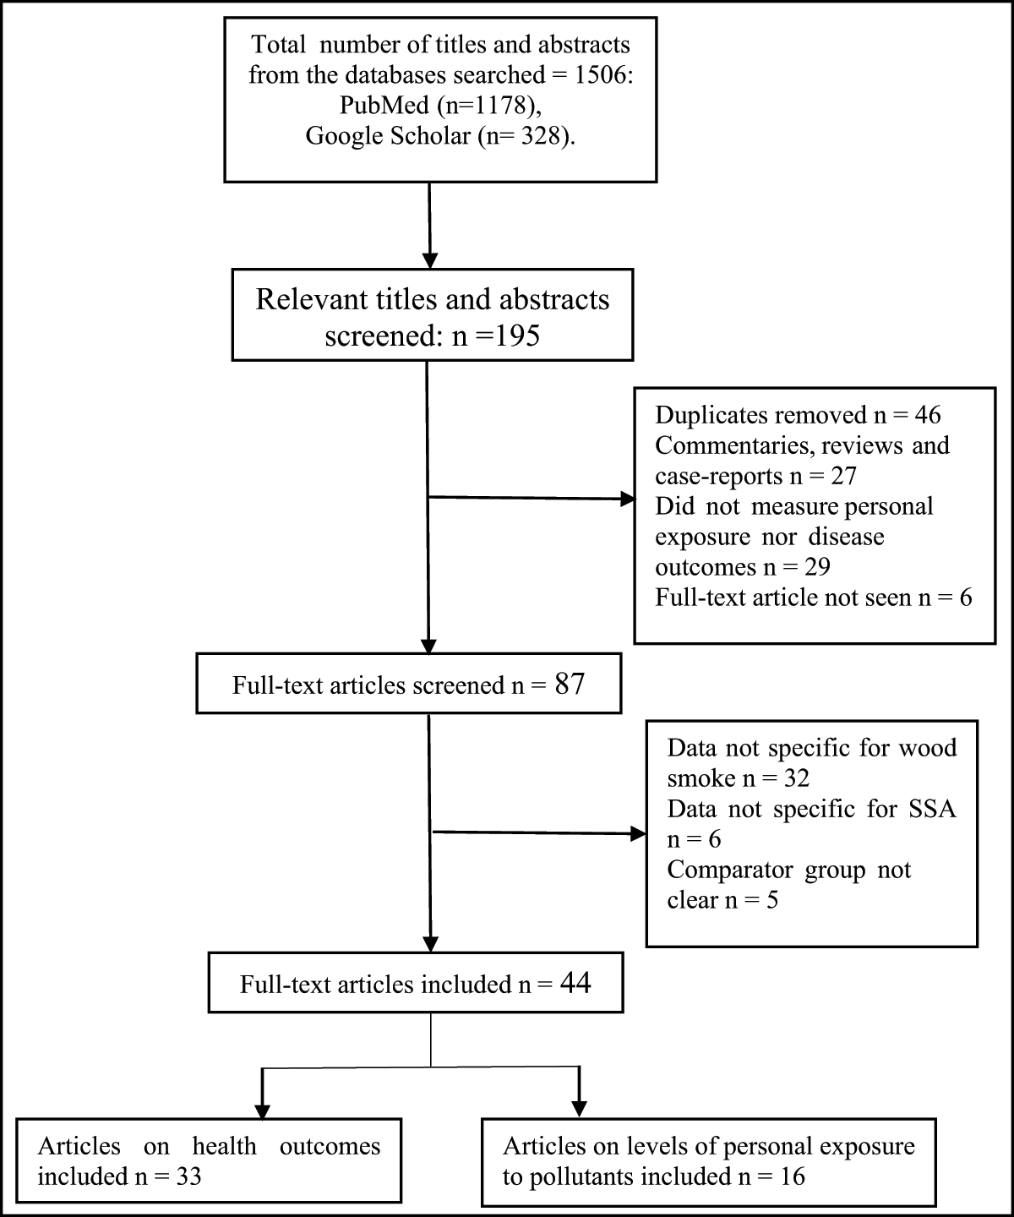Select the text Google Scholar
tap(387, 136)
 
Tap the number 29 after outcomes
tap(815, 567)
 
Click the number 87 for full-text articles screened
tap(569, 683)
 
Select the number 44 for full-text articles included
tap(575, 983)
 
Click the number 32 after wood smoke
tap(794, 778)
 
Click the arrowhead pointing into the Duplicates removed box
tap(628, 499)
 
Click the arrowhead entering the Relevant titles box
tap(431, 259)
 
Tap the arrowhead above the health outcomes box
tap(264, 1108)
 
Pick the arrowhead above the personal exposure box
tap(579, 1108)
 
